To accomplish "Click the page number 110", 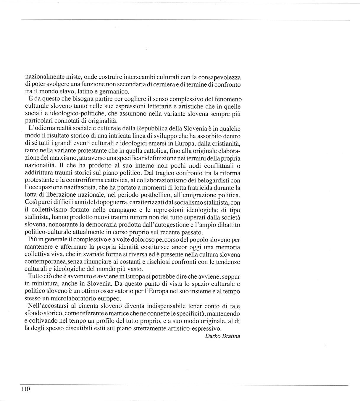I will click(25, 389).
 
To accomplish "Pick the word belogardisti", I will click(215, 180).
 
